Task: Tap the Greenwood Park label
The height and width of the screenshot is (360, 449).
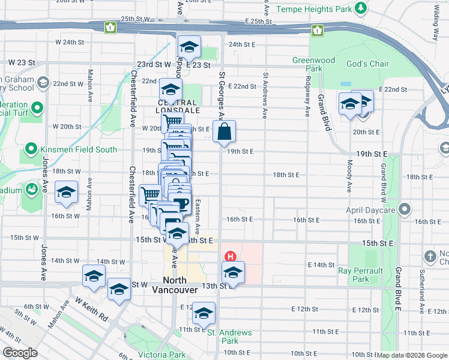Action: [x=313, y=64]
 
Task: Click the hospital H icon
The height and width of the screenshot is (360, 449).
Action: [x=229, y=256]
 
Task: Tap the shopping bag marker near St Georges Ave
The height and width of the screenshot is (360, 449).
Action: [x=224, y=133]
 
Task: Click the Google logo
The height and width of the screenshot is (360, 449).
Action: [x=20, y=353]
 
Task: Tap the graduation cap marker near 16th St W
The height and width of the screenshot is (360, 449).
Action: [x=65, y=192]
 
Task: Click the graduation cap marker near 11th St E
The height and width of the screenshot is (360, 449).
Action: [x=203, y=314]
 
